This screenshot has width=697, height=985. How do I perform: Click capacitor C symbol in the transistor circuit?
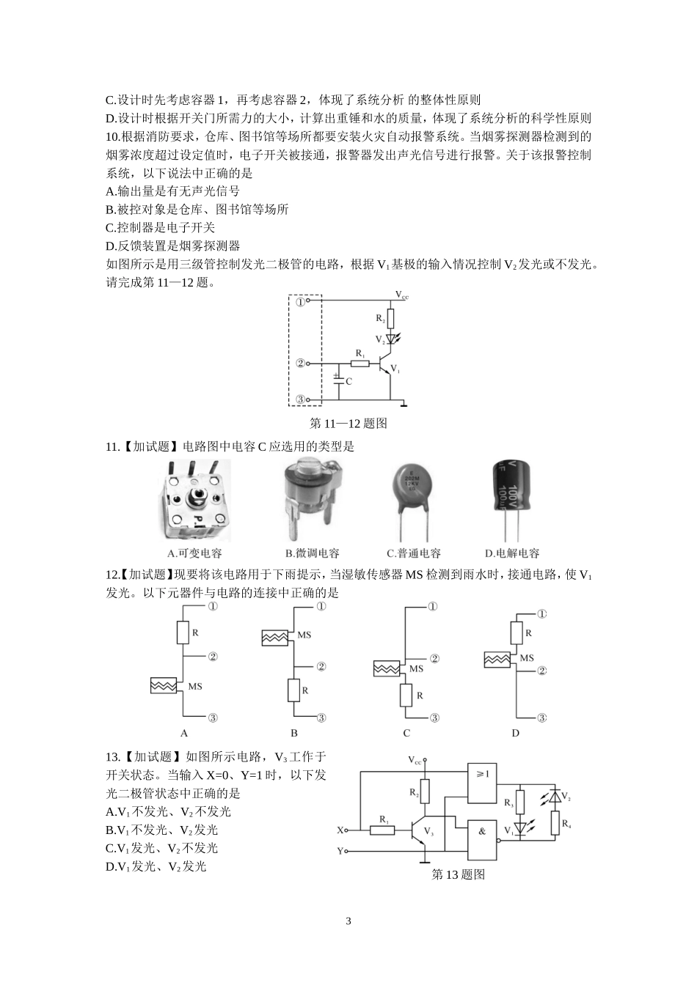tap(338, 381)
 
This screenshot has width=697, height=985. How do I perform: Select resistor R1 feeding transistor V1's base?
tap(360, 363)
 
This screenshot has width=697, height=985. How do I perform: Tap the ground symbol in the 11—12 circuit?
tap(404, 402)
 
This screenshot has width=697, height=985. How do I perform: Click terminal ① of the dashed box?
tap(301, 300)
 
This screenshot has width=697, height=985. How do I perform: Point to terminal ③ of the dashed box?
tap(301, 400)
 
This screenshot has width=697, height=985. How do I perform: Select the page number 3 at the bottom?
tap(348, 921)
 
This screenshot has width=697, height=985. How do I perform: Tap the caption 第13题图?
tap(459, 874)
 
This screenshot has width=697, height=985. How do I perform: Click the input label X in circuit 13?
tap(340, 830)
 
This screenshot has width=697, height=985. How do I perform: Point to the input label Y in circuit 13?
tap(340, 851)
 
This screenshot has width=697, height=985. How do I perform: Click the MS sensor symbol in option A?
tap(163, 686)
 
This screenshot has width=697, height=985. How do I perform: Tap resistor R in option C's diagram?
tap(406, 695)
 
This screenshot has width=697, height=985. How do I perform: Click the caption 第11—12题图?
tap(348, 424)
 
